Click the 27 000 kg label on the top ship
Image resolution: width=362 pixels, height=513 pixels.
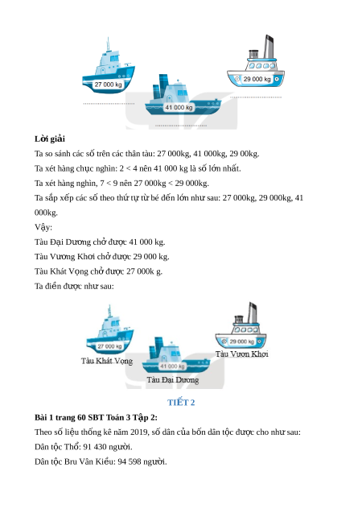click(x=108, y=85)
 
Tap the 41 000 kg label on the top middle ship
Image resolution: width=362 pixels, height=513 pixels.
click(x=179, y=107)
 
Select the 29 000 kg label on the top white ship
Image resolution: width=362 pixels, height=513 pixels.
click(x=257, y=79)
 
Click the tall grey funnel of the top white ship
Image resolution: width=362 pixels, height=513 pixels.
click(x=269, y=47)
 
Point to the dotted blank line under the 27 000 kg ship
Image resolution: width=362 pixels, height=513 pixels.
click(x=109, y=104)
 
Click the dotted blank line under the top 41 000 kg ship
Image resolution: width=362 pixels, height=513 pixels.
click(x=181, y=126)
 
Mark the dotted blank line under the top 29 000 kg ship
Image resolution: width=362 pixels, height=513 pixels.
click(x=256, y=97)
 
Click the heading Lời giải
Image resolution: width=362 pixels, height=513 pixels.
click(x=50, y=139)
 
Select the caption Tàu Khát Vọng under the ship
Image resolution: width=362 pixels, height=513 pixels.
click(x=107, y=361)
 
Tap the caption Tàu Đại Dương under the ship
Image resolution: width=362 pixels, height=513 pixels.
click(x=172, y=380)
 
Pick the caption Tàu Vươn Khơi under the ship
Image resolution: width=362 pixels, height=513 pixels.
click(x=242, y=354)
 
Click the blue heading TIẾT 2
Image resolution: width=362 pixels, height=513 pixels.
click(x=181, y=403)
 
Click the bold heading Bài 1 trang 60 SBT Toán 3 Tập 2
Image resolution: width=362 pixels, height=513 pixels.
click(x=96, y=417)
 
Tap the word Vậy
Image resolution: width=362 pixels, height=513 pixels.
click(x=43, y=227)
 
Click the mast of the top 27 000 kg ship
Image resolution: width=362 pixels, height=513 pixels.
click(x=108, y=45)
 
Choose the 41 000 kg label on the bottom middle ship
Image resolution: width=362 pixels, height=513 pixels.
click(x=172, y=366)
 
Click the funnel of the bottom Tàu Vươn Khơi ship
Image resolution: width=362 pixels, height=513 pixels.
click(x=252, y=312)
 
